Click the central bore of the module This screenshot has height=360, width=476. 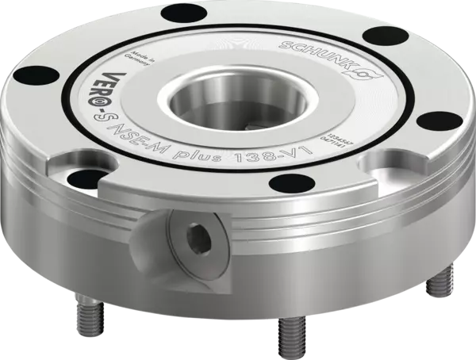point(243,102)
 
